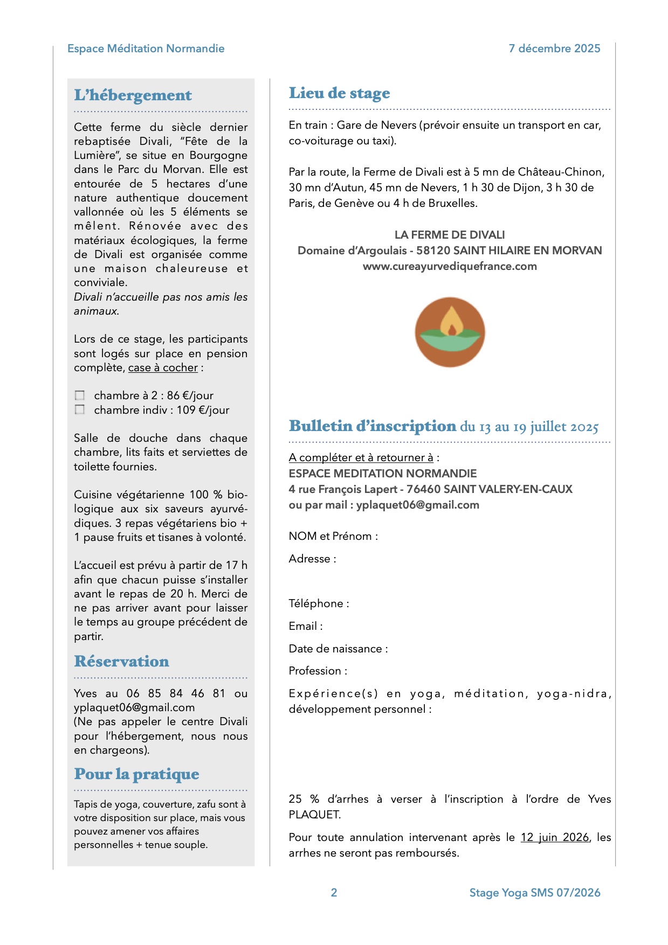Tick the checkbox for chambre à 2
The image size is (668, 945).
coord(80,395)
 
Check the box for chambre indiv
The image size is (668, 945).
coord(80,410)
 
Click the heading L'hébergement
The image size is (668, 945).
coord(133,95)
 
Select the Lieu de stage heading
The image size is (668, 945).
coord(339,93)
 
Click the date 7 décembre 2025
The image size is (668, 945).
coord(554,48)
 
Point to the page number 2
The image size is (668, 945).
coord(334,893)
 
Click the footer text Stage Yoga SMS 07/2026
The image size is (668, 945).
coord(534,893)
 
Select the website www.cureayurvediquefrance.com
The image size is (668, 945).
coord(450,266)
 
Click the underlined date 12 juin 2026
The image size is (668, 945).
coord(554,837)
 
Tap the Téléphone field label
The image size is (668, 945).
coord(319,603)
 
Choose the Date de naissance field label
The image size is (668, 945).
coord(338,649)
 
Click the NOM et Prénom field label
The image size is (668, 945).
coord(333,536)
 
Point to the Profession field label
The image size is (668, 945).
coord(318,671)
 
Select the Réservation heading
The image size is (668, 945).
coord(121,662)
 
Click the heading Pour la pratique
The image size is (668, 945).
coord(136,774)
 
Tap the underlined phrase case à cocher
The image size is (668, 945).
coord(163,367)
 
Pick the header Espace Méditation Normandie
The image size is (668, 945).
coord(146,48)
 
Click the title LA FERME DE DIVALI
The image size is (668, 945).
coord(450,235)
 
